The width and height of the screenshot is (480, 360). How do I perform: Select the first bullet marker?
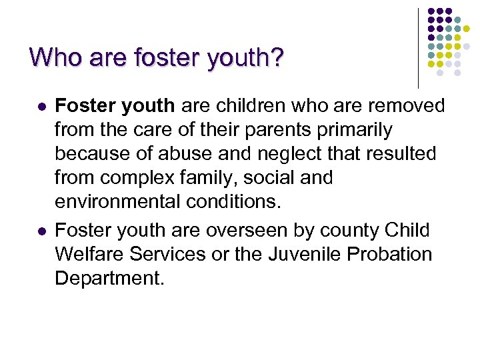tap(41, 107)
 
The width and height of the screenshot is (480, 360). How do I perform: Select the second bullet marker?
tap(41, 231)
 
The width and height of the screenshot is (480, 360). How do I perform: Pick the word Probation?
tap(395, 253)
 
